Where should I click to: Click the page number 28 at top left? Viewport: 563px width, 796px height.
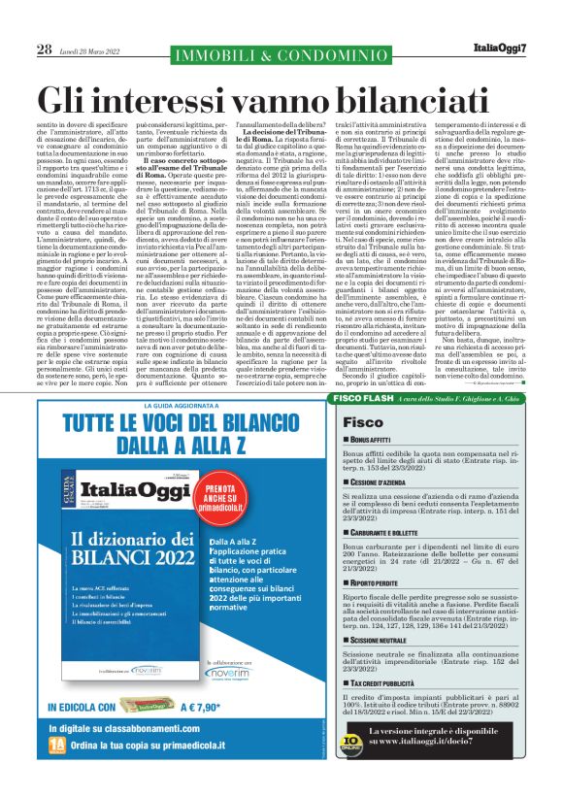pos(44,50)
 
